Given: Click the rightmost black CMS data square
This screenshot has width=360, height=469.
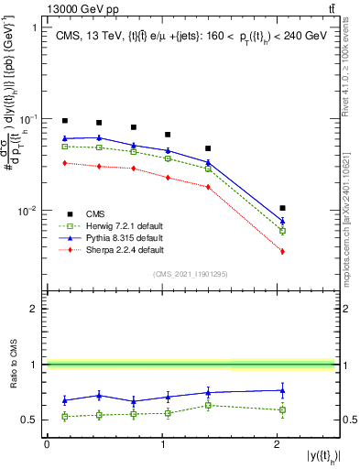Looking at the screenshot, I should [x=282, y=209].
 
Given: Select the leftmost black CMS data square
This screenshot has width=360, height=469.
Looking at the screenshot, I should [x=65, y=121].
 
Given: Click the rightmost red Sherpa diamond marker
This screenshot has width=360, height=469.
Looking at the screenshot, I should [x=282, y=251].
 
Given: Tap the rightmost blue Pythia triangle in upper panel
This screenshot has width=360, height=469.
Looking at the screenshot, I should [x=282, y=221].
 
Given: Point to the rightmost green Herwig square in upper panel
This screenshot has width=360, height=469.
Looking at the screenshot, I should [x=282, y=231].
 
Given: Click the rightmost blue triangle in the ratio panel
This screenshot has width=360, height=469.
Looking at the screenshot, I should [x=282, y=390].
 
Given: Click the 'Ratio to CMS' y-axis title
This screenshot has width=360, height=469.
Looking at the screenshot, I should [x=12, y=365].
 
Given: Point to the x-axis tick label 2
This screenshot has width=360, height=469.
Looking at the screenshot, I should [x=277, y=444].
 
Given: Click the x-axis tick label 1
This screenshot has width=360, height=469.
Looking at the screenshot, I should [x=162, y=444].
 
